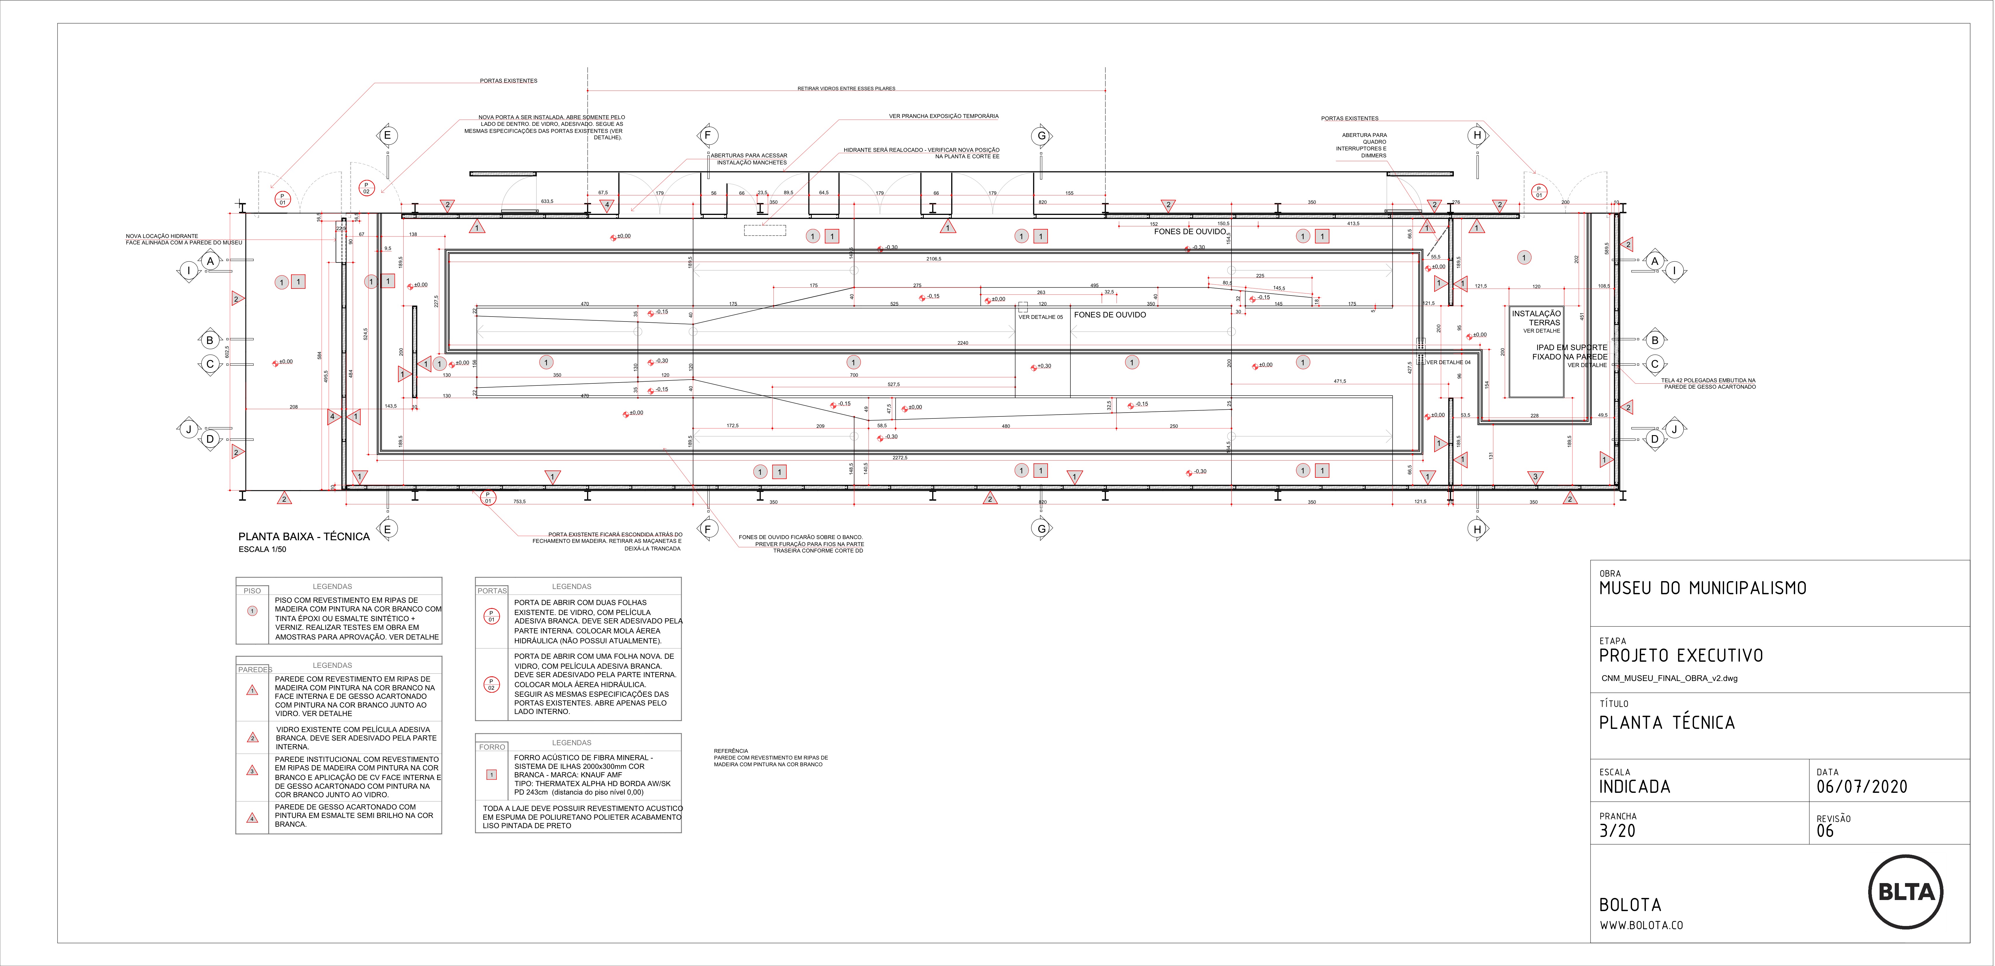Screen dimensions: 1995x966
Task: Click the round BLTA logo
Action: coord(1906,892)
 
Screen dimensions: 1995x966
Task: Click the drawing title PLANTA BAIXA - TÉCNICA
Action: coord(304,536)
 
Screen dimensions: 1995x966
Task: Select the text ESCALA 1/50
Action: coord(262,550)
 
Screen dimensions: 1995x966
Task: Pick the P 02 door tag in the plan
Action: coord(366,187)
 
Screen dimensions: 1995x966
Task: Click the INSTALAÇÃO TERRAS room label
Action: coord(1536,318)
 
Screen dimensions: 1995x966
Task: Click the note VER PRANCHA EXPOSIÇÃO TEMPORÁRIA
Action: coord(943,116)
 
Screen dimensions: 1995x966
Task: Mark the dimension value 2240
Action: coord(962,343)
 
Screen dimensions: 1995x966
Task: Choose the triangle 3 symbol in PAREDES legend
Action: coord(252,770)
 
